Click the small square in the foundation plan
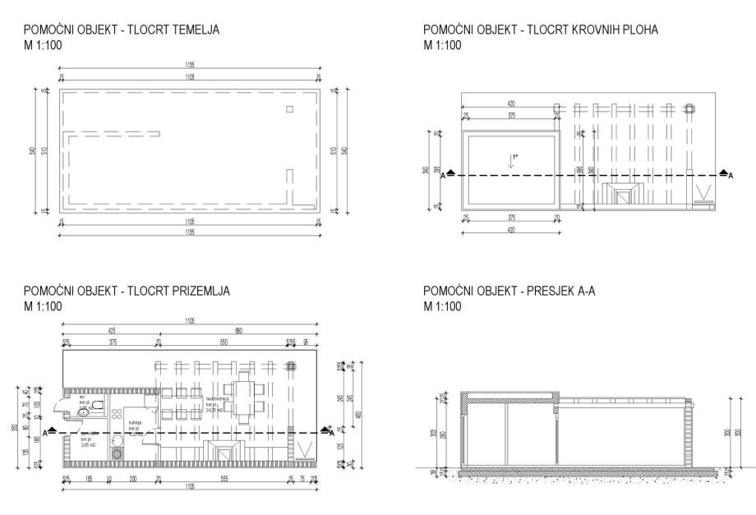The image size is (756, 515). click(x=289, y=109)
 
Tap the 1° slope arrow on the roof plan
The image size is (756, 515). click(x=512, y=159)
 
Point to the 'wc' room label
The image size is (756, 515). click(x=82, y=397)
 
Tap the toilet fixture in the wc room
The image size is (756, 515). click(x=96, y=406)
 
